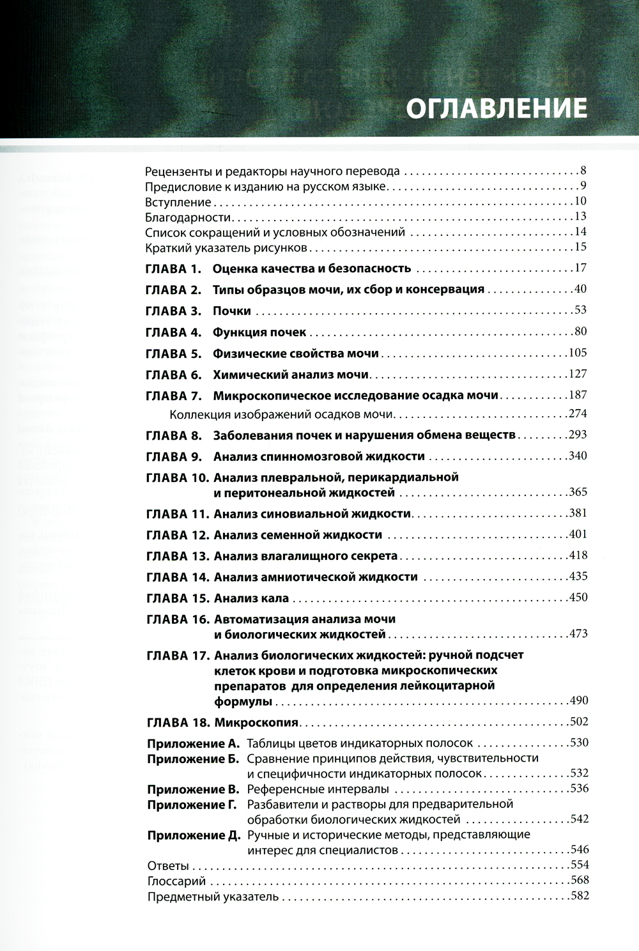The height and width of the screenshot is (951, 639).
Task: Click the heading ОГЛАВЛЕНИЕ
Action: (497, 107)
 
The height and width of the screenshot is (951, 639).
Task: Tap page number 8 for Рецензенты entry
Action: (583, 171)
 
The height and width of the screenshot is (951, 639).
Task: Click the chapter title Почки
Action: (232, 311)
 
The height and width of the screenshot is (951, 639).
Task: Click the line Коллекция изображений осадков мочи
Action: (282, 414)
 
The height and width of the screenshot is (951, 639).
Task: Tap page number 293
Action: (577, 435)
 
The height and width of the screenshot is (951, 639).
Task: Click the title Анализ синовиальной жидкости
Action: (312, 514)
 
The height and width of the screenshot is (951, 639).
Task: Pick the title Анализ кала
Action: (252, 599)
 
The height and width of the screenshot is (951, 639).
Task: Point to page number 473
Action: (577, 635)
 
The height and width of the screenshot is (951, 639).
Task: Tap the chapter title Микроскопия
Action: (257, 723)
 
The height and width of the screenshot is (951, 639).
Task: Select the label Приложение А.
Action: (192, 743)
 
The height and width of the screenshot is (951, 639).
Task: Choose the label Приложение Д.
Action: (193, 835)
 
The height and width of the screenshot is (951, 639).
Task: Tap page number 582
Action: (577, 896)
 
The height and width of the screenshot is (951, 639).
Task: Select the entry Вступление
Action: (178, 203)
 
